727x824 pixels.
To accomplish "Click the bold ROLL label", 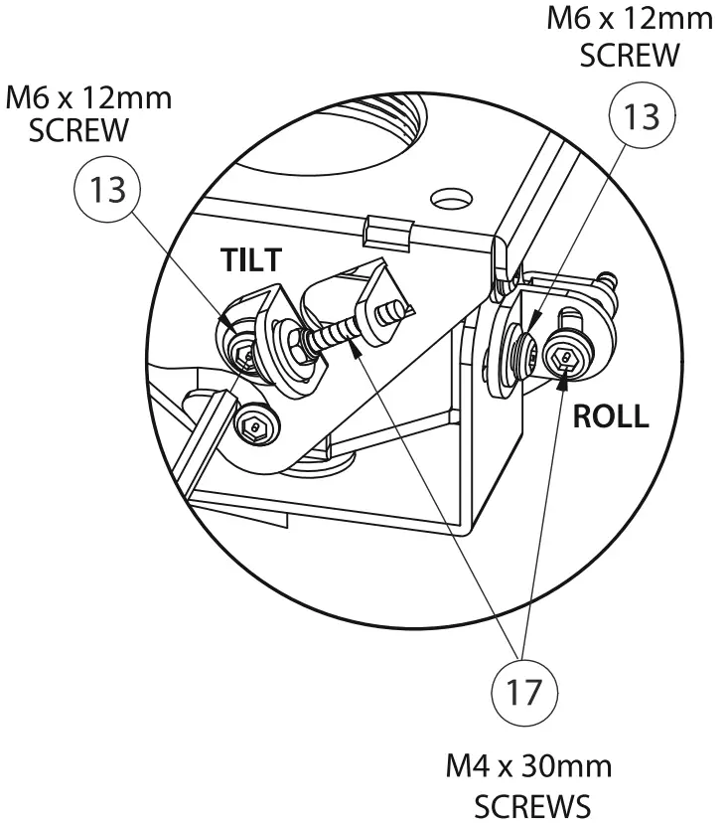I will (x=610, y=416).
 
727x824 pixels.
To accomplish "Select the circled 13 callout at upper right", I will (x=641, y=116).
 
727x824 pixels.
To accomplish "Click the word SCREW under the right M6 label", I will (x=631, y=55).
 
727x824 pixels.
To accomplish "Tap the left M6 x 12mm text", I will (x=88, y=99).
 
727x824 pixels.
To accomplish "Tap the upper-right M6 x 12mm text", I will (x=631, y=20).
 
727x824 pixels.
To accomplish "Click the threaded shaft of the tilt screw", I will (x=332, y=333).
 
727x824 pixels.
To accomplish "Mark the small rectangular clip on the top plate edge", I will (x=388, y=232).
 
